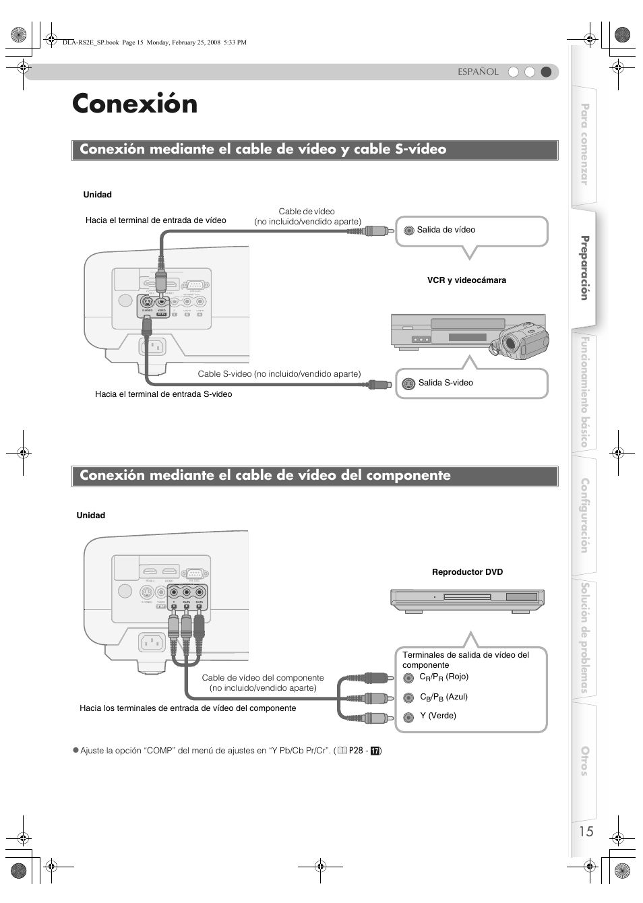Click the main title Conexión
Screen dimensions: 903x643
pyautogui.click(x=135, y=104)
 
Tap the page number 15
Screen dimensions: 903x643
pyautogui.click(x=586, y=831)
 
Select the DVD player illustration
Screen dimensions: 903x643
pyautogui.click(x=467, y=599)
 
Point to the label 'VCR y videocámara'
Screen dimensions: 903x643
pyautogui.click(x=466, y=280)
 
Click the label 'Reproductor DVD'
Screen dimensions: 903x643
pyautogui.click(x=467, y=572)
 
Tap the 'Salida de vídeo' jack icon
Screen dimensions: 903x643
pyautogui.click(x=408, y=230)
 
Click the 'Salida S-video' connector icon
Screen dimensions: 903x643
pyautogui.click(x=408, y=384)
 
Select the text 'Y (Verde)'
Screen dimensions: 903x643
pyautogui.click(x=438, y=716)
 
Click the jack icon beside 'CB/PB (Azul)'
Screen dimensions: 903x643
pyautogui.click(x=408, y=698)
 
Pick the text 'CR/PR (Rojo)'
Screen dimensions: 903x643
pyautogui.click(x=443, y=677)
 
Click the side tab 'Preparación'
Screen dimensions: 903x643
pyautogui.click(x=584, y=268)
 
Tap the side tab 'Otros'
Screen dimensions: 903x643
pyautogui.click(x=584, y=761)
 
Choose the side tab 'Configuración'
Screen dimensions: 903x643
pyautogui.click(x=584, y=516)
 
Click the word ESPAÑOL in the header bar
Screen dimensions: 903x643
pyautogui.click(x=478, y=72)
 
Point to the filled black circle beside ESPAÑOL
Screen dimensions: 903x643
pyautogui.click(x=546, y=72)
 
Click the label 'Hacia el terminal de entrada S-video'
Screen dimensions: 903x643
pyautogui.click(x=163, y=394)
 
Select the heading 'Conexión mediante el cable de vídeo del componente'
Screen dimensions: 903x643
pyautogui.click(x=265, y=476)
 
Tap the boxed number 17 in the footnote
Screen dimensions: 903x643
pyautogui.click(x=375, y=751)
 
